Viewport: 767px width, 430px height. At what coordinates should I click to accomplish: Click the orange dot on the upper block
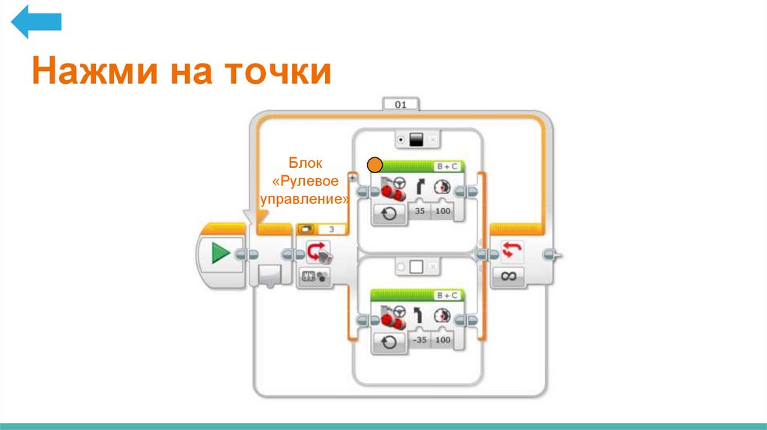click(x=375, y=165)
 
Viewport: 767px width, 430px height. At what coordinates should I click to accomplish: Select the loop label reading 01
click(x=401, y=105)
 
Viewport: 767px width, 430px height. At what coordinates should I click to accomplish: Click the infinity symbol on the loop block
click(x=509, y=276)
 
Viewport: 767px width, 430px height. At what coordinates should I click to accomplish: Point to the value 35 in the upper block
click(x=419, y=213)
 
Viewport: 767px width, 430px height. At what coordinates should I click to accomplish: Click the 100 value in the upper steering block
click(x=443, y=213)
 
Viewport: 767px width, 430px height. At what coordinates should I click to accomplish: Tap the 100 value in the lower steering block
click(x=443, y=340)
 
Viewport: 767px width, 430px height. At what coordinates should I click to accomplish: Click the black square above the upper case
click(x=417, y=139)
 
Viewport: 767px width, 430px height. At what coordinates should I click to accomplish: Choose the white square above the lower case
click(x=417, y=267)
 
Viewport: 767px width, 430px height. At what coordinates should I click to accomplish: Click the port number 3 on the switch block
click(x=332, y=229)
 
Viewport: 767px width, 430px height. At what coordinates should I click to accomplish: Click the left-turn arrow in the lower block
click(x=419, y=315)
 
